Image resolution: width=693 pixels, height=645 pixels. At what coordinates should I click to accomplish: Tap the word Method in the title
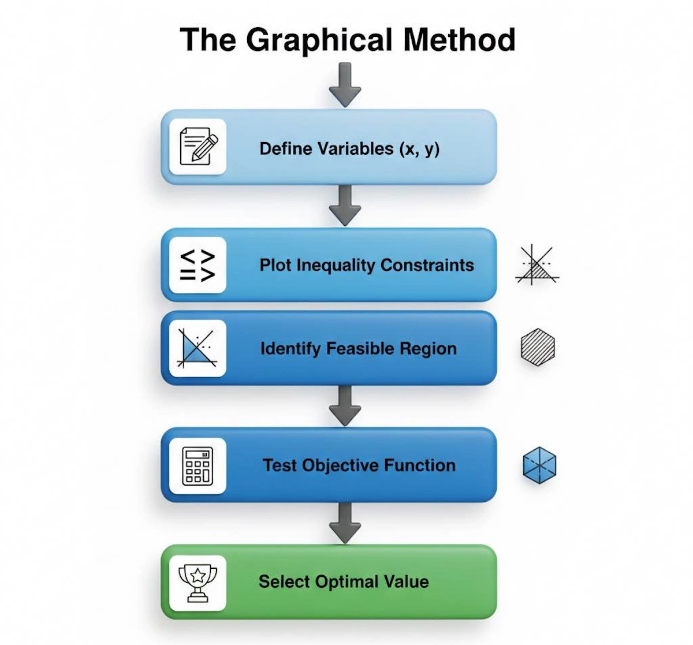click(459, 39)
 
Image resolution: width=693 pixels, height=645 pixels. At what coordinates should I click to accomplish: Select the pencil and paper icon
click(198, 147)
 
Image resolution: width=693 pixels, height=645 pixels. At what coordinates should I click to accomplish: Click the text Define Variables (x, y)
click(349, 149)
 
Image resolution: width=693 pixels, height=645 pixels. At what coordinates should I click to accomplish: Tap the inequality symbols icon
click(198, 265)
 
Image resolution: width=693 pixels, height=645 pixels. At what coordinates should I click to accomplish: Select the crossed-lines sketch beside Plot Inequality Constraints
click(537, 266)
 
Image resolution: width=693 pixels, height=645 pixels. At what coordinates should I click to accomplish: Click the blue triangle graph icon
click(197, 348)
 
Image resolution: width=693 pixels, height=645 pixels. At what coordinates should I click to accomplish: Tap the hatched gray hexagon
click(538, 348)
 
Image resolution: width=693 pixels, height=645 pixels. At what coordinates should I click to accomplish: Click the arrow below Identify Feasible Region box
click(345, 406)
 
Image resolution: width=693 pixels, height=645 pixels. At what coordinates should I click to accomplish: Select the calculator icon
click(198, 465)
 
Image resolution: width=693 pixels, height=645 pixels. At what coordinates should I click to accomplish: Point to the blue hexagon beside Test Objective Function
click(539, 465)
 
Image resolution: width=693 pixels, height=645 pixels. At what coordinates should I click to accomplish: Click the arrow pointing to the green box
click(345, 523)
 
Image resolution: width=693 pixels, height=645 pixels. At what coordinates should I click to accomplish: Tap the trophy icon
click(198, 582)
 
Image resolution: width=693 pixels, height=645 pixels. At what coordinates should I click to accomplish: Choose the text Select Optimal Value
click(344, 581)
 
